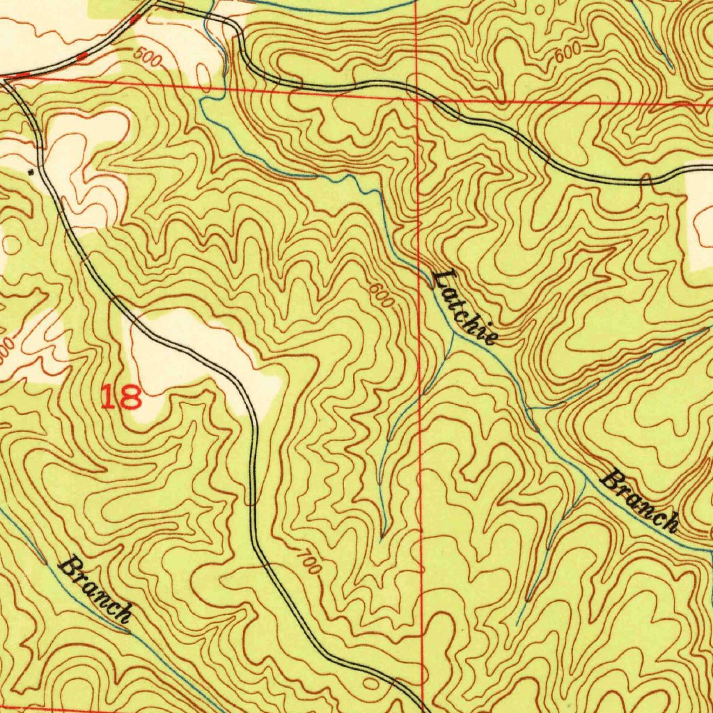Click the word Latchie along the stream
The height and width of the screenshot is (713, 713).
pyautogui.click(x=464, y=307)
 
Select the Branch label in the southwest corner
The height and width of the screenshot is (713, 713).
pyautogui.click(x=95, y=589)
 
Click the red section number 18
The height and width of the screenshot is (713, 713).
pyautogui.click(x=121, y=398)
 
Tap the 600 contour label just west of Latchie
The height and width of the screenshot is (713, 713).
pyautogui.click(x=382, y=295)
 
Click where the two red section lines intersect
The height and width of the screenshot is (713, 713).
pyautogui.click(x=416, y=99)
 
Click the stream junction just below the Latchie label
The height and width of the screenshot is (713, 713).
pyautogui.click(x=453, y=332)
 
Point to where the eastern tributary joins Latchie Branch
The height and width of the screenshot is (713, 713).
pyautogui.click(x=529, y=409)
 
